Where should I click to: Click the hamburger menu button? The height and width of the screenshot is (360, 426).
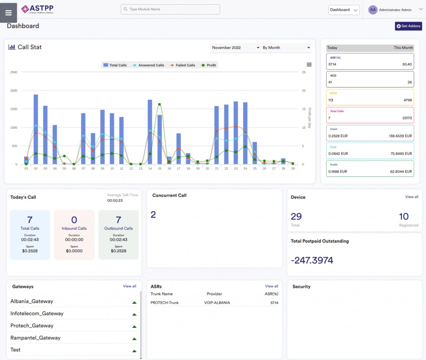pyautogui.click(x=9, y=13)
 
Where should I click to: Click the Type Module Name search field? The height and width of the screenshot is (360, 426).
pyautogui.click(x=170, y=9)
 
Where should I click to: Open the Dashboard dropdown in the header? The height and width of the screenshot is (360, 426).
pyautogui.click(x=344, y=10)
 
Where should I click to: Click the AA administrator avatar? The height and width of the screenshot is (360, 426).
pyautogui.click(x=373, y=9)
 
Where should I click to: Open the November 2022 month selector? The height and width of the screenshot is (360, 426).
pyautogui.click(x=236, y=48)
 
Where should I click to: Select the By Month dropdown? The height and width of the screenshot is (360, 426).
pyautogui.click(x=286, y=48)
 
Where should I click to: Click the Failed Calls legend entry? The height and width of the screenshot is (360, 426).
pyautogui.click(x=183, y=65)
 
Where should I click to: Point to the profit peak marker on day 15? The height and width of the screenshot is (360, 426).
pyautogui.click(x=160, y=105)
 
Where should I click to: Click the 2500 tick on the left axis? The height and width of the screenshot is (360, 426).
pyautogui.click(x=14, y=72)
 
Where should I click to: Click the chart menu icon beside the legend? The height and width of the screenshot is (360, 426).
pyautogui.click(x=309, y=65)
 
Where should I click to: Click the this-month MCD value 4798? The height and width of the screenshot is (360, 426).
pyautogui.click(x=407, y=100)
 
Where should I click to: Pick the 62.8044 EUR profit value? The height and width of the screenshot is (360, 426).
pyautogui.click(x=401, y=172)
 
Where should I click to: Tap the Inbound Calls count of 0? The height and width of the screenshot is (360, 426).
pyautogui.click(x=74, y=220)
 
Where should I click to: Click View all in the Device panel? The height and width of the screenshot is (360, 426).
pyautogui.click(x=411, y=197)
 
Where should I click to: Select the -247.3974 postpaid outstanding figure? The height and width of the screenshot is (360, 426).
pyautogui.click(x=312, y=260)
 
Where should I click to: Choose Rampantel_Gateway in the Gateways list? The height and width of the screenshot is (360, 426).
pyautogui.click(x=32, y=338)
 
